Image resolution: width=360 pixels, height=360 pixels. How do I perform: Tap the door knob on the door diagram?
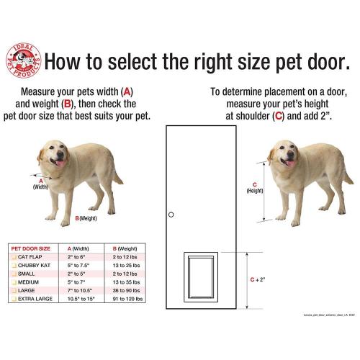[x=171, y=215]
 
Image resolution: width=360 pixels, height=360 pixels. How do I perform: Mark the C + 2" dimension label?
[x=256, y=279]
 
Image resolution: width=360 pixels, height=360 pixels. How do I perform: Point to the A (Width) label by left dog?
[x=41, y=183]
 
